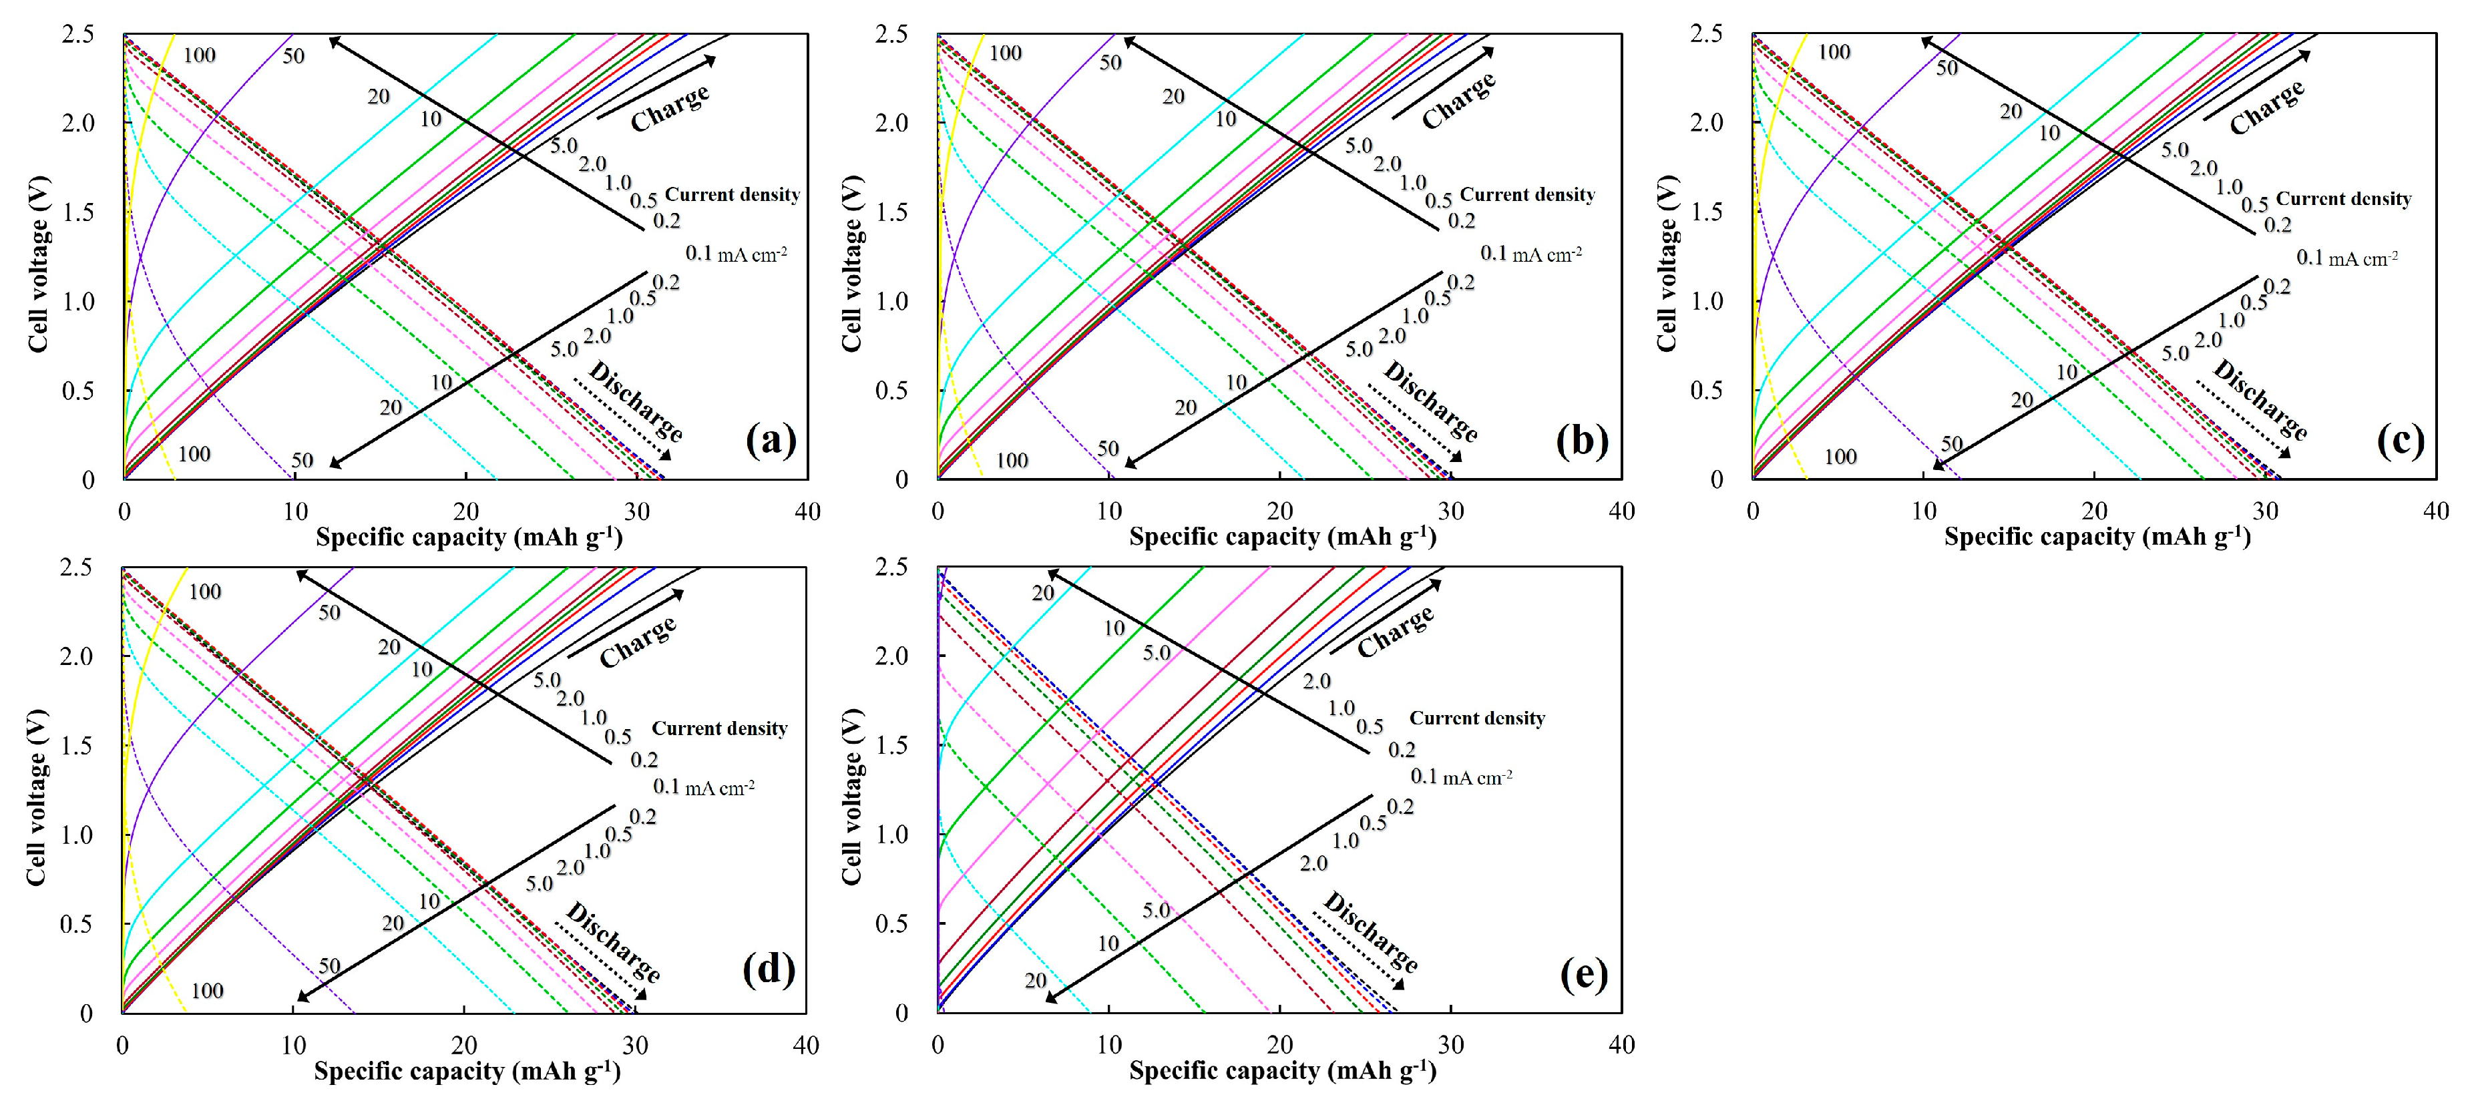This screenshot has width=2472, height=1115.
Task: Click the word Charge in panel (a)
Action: point(670,107)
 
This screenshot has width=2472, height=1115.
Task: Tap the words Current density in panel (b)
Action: point(1526,195)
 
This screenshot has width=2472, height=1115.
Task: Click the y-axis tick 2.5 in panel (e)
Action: point(891,567)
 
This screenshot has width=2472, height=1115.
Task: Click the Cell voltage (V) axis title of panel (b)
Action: point(851,264)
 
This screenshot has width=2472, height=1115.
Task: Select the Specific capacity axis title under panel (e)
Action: point(1282,1070)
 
